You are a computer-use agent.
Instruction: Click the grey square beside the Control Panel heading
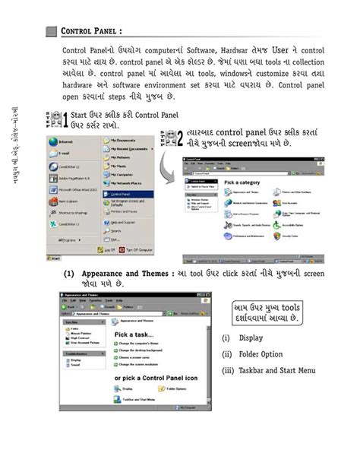[x=51, y=31]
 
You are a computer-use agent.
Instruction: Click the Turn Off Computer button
[x=139, y=249]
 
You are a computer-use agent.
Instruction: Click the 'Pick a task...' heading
[x=136, y=333]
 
